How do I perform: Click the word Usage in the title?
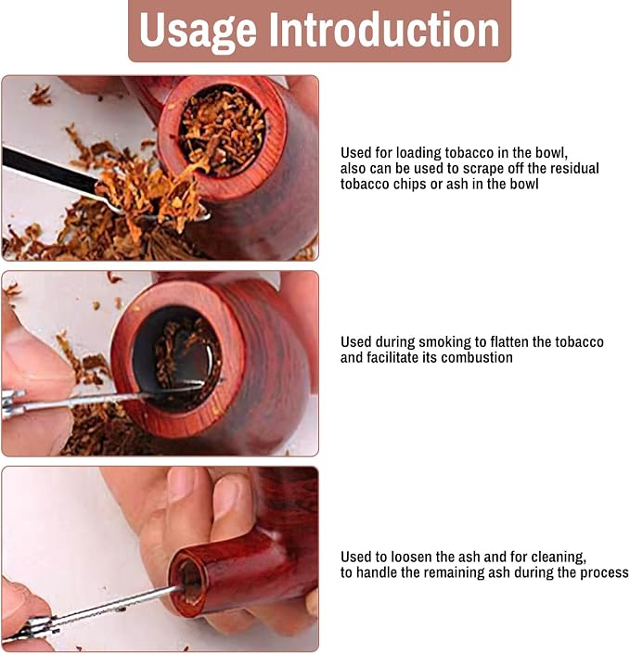(198, 30)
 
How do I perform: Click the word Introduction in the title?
(384, 29)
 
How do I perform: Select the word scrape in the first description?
(493, 169)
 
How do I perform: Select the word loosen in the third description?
(411, 557)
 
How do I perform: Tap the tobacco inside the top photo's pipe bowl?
(222, 130)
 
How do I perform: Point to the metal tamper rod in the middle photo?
(104, 398)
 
